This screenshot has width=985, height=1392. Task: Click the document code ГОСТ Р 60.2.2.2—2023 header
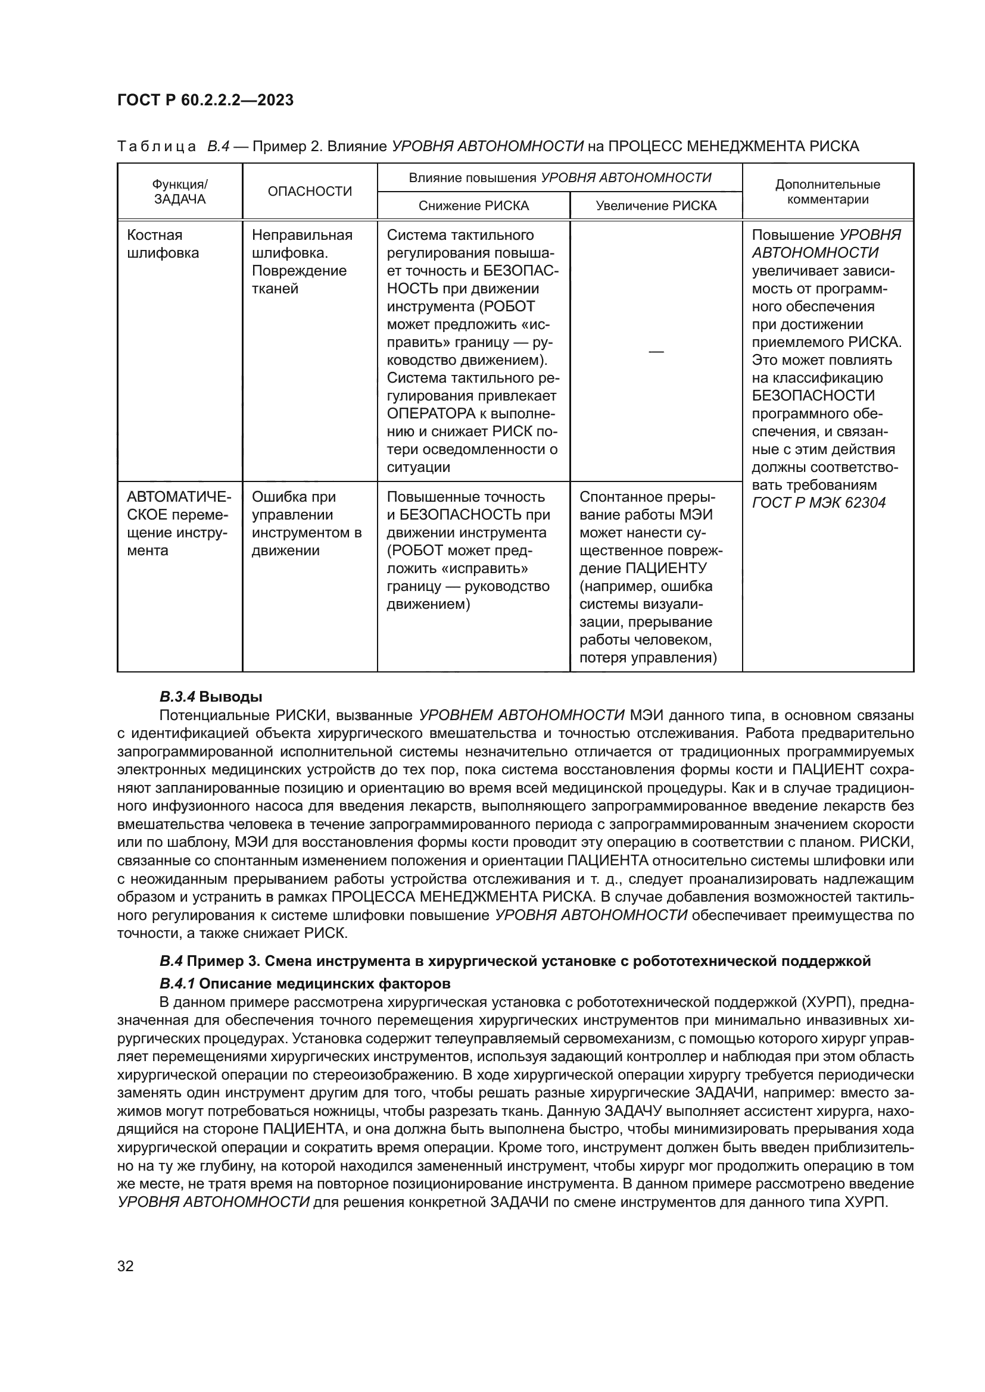(205, 100)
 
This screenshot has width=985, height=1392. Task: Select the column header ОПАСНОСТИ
(309, 192)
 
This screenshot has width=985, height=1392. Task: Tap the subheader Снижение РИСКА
(473, 206)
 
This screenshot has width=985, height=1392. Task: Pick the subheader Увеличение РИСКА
(656, 206)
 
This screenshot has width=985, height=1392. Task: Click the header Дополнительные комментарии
(827, 192)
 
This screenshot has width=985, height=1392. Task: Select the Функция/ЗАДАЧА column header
(179, 192)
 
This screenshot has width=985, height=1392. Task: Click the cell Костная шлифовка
(163, 244)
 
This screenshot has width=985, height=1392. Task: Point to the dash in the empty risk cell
(656, 352)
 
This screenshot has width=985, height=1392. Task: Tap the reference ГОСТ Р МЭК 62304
(818, 503)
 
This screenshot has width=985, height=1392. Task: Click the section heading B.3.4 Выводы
(211, 697)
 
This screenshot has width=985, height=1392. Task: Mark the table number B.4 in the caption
(218, 147)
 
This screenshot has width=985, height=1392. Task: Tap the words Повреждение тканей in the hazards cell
(299, 280)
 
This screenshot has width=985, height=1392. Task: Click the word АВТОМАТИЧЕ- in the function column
(179, 497)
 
